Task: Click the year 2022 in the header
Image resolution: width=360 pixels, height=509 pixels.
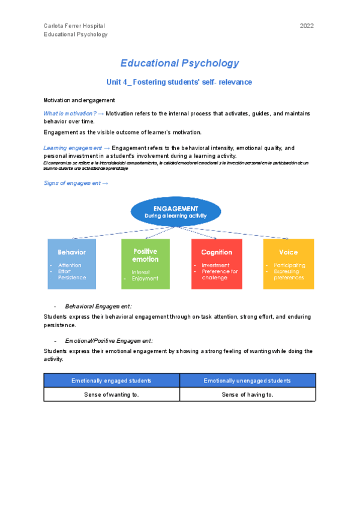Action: point(307,26)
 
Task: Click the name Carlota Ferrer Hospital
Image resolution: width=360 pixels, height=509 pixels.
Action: point(74,26)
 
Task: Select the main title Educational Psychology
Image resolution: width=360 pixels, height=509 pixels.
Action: point(179,63)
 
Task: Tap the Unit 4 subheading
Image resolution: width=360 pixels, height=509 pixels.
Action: point(179,82)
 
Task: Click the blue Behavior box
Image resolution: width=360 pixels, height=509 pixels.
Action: point(71,264)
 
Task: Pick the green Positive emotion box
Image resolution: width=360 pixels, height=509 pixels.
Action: point(145,264)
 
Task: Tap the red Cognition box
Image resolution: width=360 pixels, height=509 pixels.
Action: point(217,264)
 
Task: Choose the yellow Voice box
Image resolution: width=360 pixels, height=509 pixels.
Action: point(288,264)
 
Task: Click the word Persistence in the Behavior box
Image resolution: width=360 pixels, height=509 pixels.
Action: point(72,277)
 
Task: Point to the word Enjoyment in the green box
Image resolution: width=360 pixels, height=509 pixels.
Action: point(145,279)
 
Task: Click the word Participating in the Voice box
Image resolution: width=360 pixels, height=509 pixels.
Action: point(289,265)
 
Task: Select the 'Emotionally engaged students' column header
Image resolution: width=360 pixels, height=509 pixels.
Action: point(112,381)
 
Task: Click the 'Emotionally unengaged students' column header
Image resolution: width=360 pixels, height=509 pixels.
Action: point(247,381)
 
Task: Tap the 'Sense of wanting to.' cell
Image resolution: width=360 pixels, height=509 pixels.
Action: point(112,394)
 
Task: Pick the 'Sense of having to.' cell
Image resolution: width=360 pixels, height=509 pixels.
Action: point(247,394)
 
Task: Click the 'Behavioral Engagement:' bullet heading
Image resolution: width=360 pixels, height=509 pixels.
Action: point(98,306)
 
